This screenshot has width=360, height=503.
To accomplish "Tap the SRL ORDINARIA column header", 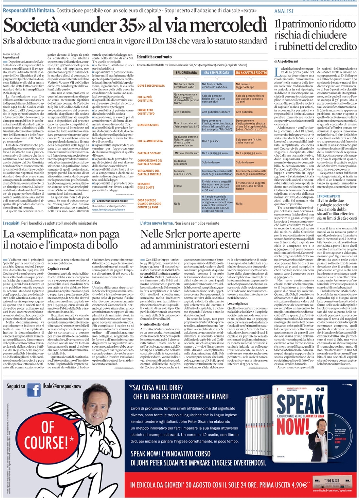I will [186, 73].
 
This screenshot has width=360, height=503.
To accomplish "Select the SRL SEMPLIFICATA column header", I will [217, 73].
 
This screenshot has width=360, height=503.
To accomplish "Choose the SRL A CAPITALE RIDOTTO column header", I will [251, 73].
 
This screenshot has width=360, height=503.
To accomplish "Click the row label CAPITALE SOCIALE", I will [149, 153].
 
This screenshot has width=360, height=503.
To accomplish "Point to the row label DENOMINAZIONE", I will [148, 125].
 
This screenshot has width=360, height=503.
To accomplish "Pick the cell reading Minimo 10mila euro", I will [186, 153].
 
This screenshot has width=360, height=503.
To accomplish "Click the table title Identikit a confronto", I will [154, 57].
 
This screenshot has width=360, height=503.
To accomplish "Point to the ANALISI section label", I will [284, 12].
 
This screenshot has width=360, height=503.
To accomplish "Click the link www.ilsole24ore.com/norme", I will [108, 210].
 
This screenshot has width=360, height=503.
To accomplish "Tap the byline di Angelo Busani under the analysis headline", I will [286, 62].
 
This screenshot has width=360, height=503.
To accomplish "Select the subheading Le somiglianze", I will [238, 303].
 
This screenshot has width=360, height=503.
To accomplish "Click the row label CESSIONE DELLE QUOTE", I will [146, 186].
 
